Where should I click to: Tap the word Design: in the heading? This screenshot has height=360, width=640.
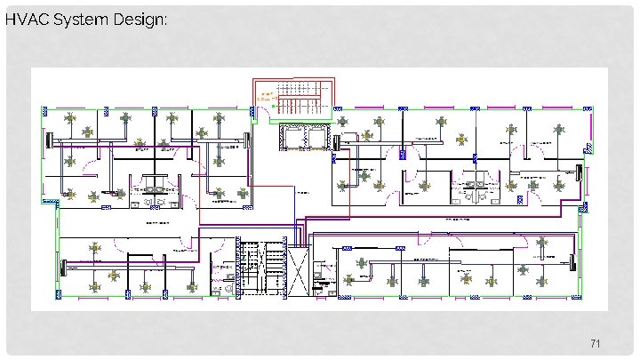(139, 20)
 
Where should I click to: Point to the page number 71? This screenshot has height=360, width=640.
(596, 343)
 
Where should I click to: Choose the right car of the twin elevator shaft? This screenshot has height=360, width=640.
(316, 138)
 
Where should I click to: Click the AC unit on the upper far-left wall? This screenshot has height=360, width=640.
(48, 140)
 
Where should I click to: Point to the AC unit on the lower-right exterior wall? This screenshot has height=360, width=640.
(572, 262)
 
